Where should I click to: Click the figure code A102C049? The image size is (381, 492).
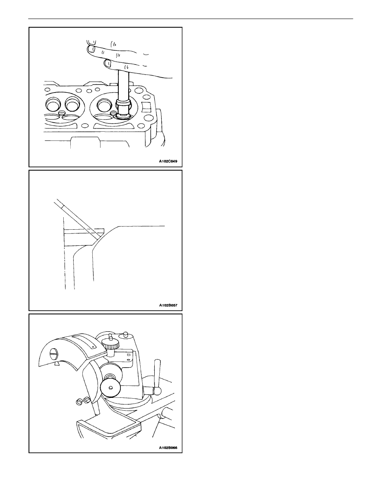tap(168, 162)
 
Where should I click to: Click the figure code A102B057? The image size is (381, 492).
tap(168, 305)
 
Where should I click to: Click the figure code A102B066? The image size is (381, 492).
tap(168, 447)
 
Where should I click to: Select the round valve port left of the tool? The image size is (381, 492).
tap(104, 105)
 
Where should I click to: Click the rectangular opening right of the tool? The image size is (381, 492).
tap(146, 106)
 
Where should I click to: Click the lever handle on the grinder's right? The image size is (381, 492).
tap(157, 375)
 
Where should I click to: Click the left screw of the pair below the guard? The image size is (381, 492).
tap(79, 402)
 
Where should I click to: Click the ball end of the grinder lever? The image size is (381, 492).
tap(157, 391)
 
